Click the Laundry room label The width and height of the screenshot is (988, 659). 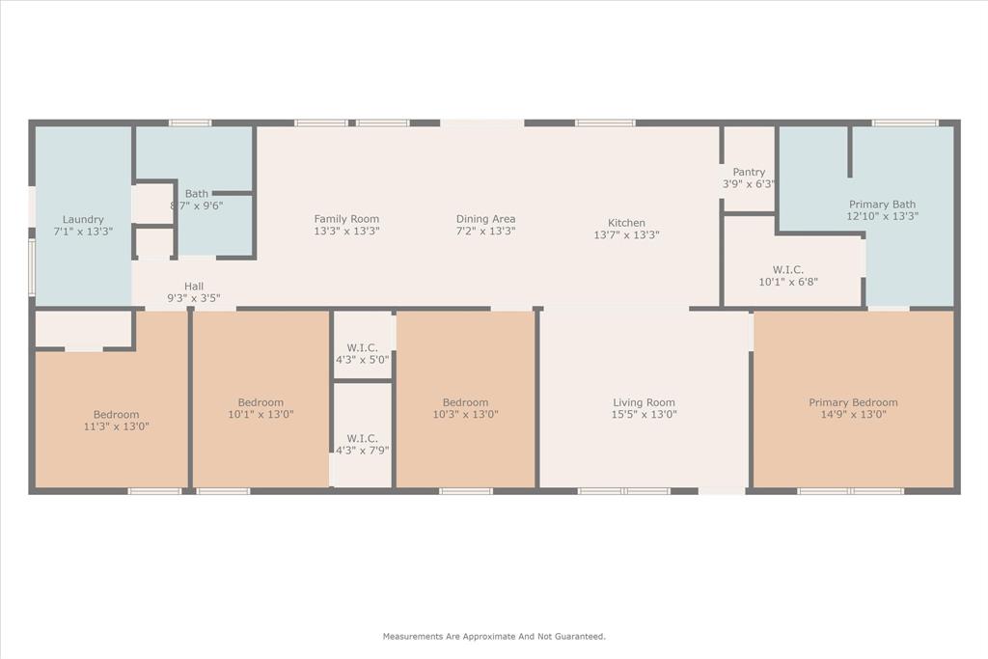pyautogui.click(x=82, y=219)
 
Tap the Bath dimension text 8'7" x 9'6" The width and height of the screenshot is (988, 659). pyautogui.click(x=197, y=206)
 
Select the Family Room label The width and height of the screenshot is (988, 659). pyautogui.click(x=346, y=219)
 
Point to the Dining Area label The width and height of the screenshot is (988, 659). pyautogui.click(x=485, y=219)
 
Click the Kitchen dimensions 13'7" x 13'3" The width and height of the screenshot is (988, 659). pyautogui.click(x=626, y=235)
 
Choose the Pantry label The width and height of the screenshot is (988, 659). pyautogui.click(x=749, y=172)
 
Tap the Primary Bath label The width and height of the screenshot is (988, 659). pyautogui.click(x=882, y=205)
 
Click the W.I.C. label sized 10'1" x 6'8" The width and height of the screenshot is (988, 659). pyautogui.click(x=787, y=270)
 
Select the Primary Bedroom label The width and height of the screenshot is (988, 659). pyautogui.click(x=853, y=402)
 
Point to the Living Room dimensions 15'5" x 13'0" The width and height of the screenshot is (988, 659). pyautogui.click(x=644, y=415)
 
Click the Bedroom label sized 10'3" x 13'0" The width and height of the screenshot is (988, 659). pyautogui.click(x=465, y=402)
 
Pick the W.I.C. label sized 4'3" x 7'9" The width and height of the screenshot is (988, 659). pyautogui.click(x=362, y=438)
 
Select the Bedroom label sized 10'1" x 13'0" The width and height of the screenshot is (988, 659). pyautogui.click(x=261, y=402)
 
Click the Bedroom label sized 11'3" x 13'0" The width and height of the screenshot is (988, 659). pyautogui.click(x=116, y=415)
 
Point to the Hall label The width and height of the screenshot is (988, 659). pyautogui.click(x=194, y=287)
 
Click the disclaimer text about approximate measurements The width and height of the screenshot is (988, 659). pyautogui.click(x=494, y=637)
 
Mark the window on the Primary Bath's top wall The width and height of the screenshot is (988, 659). pyautogui.click(x=904, y=123)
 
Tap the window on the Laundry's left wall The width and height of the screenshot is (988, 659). pyautogui.click(x=32, y=267)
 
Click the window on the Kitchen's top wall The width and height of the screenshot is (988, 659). pyautogui.click(x=605, y=123)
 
